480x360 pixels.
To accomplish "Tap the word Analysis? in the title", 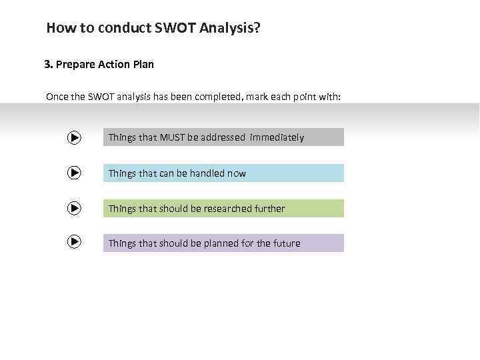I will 228,29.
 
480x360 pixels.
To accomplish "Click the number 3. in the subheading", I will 49,65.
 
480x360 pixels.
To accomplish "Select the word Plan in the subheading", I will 142,65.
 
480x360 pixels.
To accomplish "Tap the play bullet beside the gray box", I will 74,137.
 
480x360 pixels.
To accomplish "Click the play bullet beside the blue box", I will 74,173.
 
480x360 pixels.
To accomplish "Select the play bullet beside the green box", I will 74,208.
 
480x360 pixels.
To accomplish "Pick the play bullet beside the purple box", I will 74,242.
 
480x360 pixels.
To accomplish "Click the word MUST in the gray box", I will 172,137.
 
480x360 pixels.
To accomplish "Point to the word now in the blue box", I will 237,173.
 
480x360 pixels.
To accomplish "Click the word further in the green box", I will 269,209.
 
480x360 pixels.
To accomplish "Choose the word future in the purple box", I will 285,243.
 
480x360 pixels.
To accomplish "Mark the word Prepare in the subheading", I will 76,65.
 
